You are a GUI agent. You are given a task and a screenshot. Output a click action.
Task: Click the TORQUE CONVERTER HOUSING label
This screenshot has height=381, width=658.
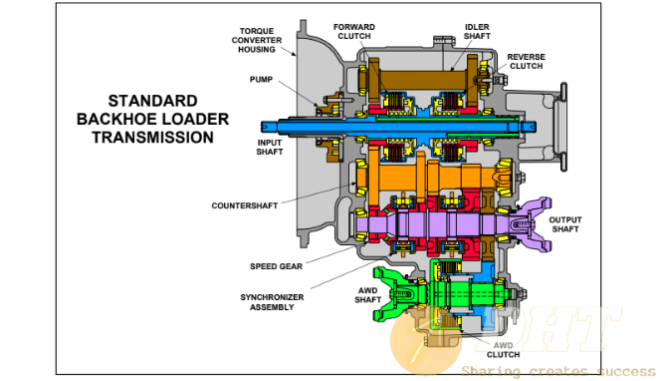[257, 40]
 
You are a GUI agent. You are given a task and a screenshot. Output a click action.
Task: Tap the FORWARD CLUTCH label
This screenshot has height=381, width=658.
[354, 32]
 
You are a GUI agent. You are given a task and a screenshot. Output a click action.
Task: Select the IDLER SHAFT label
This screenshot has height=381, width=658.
[477, 32]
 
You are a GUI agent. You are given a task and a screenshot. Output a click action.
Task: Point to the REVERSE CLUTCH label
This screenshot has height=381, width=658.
[526, 62]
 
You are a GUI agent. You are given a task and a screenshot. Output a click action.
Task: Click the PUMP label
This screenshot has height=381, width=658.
[261, 80]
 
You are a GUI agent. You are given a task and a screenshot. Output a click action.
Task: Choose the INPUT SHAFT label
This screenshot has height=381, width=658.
[270, 148]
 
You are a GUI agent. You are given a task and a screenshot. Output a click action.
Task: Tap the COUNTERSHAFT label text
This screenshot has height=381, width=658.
[245, 205]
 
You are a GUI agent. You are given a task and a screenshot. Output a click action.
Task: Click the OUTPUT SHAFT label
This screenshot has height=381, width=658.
[565, 224]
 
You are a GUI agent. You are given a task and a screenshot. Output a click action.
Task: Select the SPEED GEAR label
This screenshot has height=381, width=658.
[276, 266]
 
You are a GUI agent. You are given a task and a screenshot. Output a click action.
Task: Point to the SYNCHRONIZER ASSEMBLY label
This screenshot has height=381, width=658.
[272, 302]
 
